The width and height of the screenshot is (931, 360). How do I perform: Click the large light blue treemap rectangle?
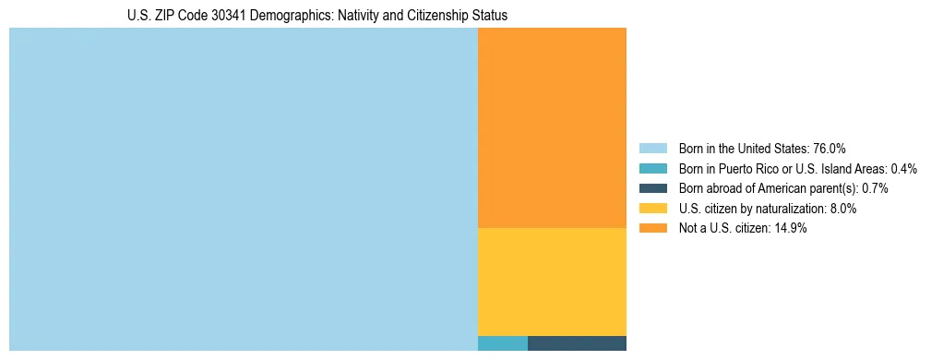tap(243, 189)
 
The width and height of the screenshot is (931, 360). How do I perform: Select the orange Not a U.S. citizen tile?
tap(552, 127)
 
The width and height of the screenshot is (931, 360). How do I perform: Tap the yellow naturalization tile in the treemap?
tap(552, 282)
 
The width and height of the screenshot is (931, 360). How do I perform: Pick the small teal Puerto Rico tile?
tap(502, 343)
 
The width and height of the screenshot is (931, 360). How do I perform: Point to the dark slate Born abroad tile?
tap(577, 343)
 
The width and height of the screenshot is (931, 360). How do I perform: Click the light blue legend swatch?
tap(653, 149)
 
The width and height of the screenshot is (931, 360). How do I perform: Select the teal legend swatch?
tap(653, 169)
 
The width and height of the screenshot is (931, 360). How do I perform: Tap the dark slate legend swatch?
tap(653, 188)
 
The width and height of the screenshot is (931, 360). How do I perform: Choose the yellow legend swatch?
tap(653, 209)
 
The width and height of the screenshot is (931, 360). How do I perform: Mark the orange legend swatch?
tap(653, 229)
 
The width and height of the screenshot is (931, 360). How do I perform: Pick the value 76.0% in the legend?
tap(830, 149)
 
